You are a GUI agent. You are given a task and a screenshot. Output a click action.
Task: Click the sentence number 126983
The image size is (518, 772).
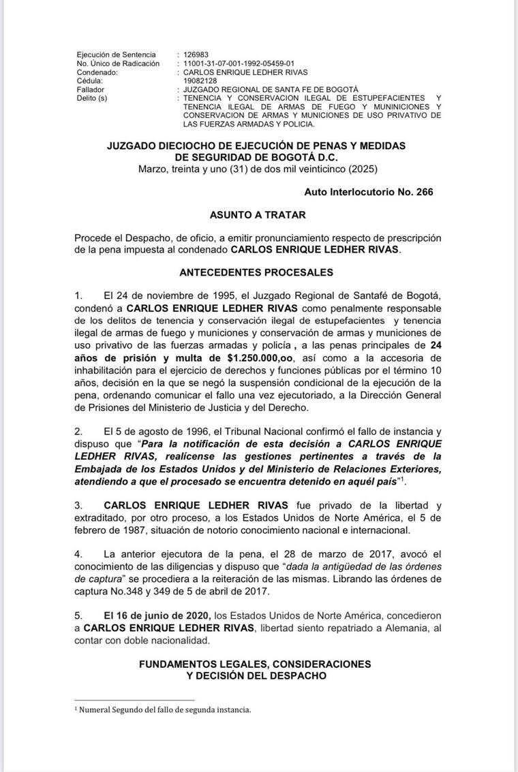tap(197, 54)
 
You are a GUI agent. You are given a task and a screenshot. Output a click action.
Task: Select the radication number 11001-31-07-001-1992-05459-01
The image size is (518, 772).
tap(244, 63)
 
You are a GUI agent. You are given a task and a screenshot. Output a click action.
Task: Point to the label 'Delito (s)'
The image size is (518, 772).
tap(93, 98)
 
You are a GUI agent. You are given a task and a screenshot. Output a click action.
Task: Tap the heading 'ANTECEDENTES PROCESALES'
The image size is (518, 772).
tap(256, 272)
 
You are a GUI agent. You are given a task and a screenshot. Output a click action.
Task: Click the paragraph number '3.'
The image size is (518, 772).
tap(80, 505)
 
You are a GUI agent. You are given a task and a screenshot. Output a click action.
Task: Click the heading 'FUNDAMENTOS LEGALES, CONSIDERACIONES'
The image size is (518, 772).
tap(256, 664)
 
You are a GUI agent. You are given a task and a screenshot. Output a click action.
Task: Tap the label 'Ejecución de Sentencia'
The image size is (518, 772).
tap(117, 54)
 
